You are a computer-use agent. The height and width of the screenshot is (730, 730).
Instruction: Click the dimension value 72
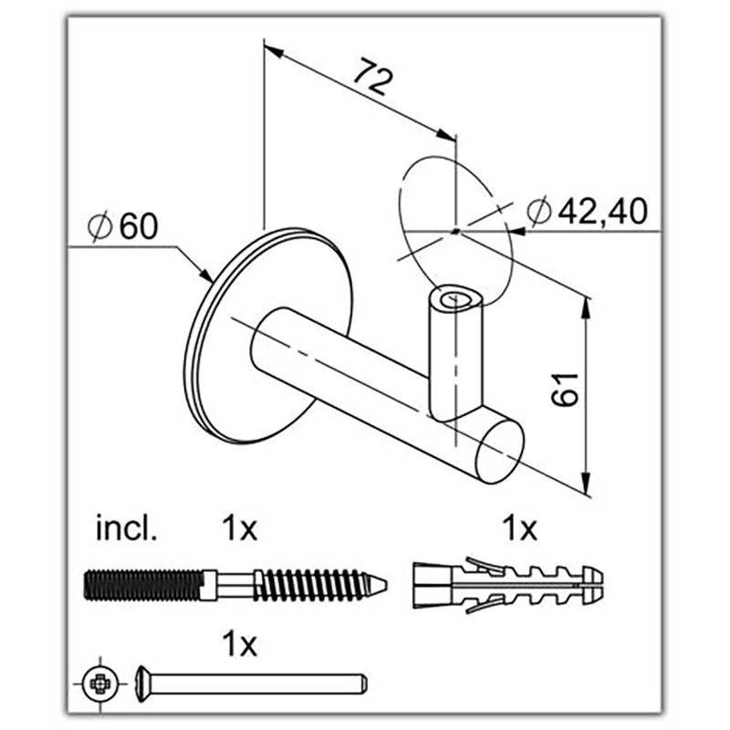click(x=373, y=77)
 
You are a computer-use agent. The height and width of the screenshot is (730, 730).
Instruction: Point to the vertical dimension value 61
click(x=565, y=390)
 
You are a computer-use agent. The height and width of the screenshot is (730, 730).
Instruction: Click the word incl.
click(x=126, y=528)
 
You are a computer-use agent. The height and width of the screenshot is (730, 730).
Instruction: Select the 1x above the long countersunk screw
click(x=239, y=644)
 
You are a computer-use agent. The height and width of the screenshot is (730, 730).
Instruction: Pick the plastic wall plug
click(x=508, y=585)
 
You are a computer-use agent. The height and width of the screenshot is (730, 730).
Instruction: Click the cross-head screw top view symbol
click(x=100, y=683)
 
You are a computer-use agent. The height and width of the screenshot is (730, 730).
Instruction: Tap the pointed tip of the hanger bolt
click(x=386, y=584)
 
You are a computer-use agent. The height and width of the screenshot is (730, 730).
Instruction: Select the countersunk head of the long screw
click(x=143, y=683)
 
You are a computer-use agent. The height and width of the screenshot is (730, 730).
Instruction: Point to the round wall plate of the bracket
click(x=268, y=336)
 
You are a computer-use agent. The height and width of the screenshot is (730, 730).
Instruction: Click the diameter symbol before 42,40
click(x=539, y=212)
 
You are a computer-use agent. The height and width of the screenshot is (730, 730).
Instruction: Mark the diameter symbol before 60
click(x=100, y=226)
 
